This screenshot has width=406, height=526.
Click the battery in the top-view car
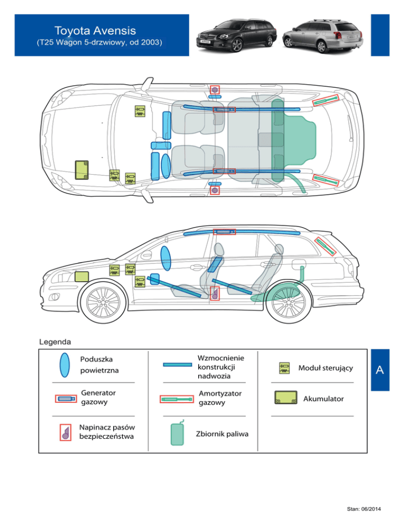82,170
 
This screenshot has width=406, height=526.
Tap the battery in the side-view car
82,277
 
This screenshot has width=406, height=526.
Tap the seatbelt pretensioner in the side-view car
215,293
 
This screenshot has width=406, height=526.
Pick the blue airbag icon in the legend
64,365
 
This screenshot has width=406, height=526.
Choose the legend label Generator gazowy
98,397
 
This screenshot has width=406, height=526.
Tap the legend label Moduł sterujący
326,368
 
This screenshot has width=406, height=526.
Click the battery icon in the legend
285,398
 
